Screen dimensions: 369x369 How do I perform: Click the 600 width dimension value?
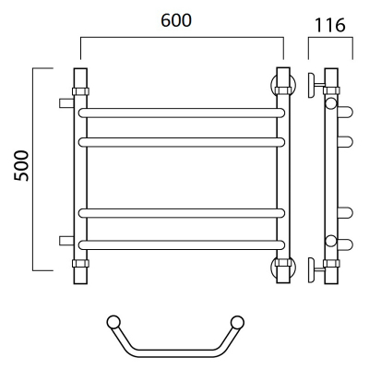tap(176, 20)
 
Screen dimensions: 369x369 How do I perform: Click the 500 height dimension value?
tap(22, 165)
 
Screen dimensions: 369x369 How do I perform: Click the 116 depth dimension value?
tap(330, 25)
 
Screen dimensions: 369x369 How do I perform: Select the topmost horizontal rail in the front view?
tap(182, 113)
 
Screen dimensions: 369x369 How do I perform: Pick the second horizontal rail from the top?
tap(182, 142)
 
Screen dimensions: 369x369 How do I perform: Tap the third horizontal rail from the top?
tap(182, 213)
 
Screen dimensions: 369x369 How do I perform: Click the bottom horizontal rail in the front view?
tap(182, 244)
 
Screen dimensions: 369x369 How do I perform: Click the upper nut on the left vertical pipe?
tap(80, 91)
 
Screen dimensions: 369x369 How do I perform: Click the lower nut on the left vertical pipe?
tap(80, 263)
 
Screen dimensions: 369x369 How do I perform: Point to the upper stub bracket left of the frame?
tap(66, 103)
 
